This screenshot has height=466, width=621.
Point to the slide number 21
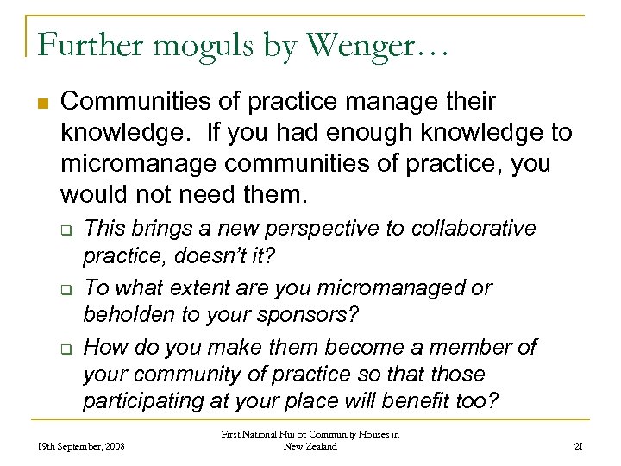tap(579, 446)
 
